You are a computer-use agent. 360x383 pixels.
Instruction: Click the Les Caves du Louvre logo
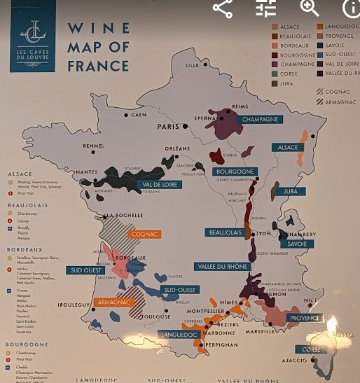click(33, 36)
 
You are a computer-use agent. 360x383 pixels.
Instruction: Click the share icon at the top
click(223, 8)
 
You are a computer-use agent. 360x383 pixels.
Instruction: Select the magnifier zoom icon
click(310, 8)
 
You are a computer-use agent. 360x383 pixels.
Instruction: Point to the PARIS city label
click(169, 127)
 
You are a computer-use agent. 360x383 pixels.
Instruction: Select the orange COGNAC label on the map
click(144, 234)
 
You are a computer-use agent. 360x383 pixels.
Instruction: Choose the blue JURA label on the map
click(289, 190)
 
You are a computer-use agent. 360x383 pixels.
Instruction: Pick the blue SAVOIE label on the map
click(298, 244)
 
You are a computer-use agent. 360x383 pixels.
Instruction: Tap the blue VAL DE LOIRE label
click(158, 185)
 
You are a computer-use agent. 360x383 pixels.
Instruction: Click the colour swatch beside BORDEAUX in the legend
click(275, 46)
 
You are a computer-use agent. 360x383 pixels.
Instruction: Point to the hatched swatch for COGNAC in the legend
click(319, 92)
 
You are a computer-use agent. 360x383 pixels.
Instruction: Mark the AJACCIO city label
click(295, 361)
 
